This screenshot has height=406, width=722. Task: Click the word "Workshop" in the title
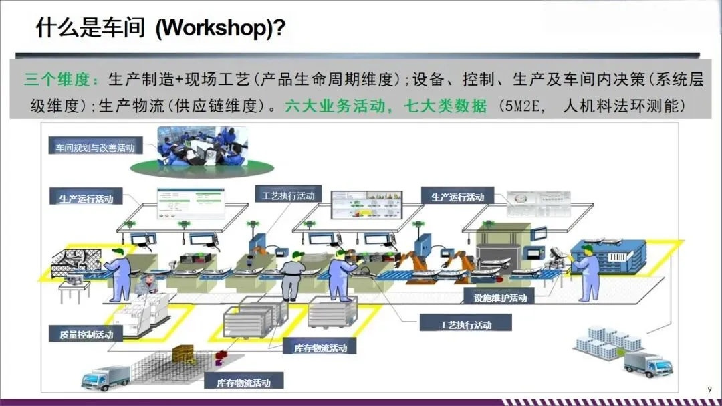coord(213,29)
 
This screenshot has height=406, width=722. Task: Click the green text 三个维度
coord(57,80)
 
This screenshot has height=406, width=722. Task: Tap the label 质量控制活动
coord(86,334)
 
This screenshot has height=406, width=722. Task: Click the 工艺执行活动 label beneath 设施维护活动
coord(465,325)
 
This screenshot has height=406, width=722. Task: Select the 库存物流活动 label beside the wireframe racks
coord(243,383)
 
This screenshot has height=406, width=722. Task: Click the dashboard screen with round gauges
coord(531,203)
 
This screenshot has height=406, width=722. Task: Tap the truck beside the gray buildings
coord(647,365)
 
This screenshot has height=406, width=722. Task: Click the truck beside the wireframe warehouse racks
coord(105,378)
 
